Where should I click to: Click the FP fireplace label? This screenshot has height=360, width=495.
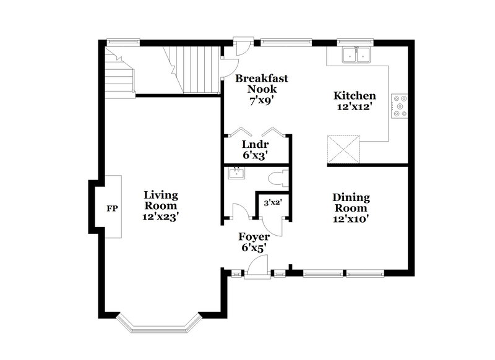[112, 208]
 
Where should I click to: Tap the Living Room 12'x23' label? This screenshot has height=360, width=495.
[161, 205]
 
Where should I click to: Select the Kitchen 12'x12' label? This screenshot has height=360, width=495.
[355, 101]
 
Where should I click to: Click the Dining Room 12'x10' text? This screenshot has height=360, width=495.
[351, 208]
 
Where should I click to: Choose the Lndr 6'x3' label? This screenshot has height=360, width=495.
[254, 150]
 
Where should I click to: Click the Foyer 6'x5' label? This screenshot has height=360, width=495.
[254, 241]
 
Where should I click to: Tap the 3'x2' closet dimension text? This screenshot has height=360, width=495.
[273, 202]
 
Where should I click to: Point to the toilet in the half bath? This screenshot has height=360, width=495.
[277, 179]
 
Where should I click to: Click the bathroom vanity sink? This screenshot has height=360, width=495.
[236, 173]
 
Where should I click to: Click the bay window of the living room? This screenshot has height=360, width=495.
[160, 322]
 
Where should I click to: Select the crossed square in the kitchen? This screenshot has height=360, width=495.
[343, 149]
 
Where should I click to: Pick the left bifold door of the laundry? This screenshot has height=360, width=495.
[237, 133]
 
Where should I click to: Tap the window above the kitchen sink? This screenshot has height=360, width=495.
[355, 43]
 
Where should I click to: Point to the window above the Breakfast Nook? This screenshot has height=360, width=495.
[286, 43]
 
